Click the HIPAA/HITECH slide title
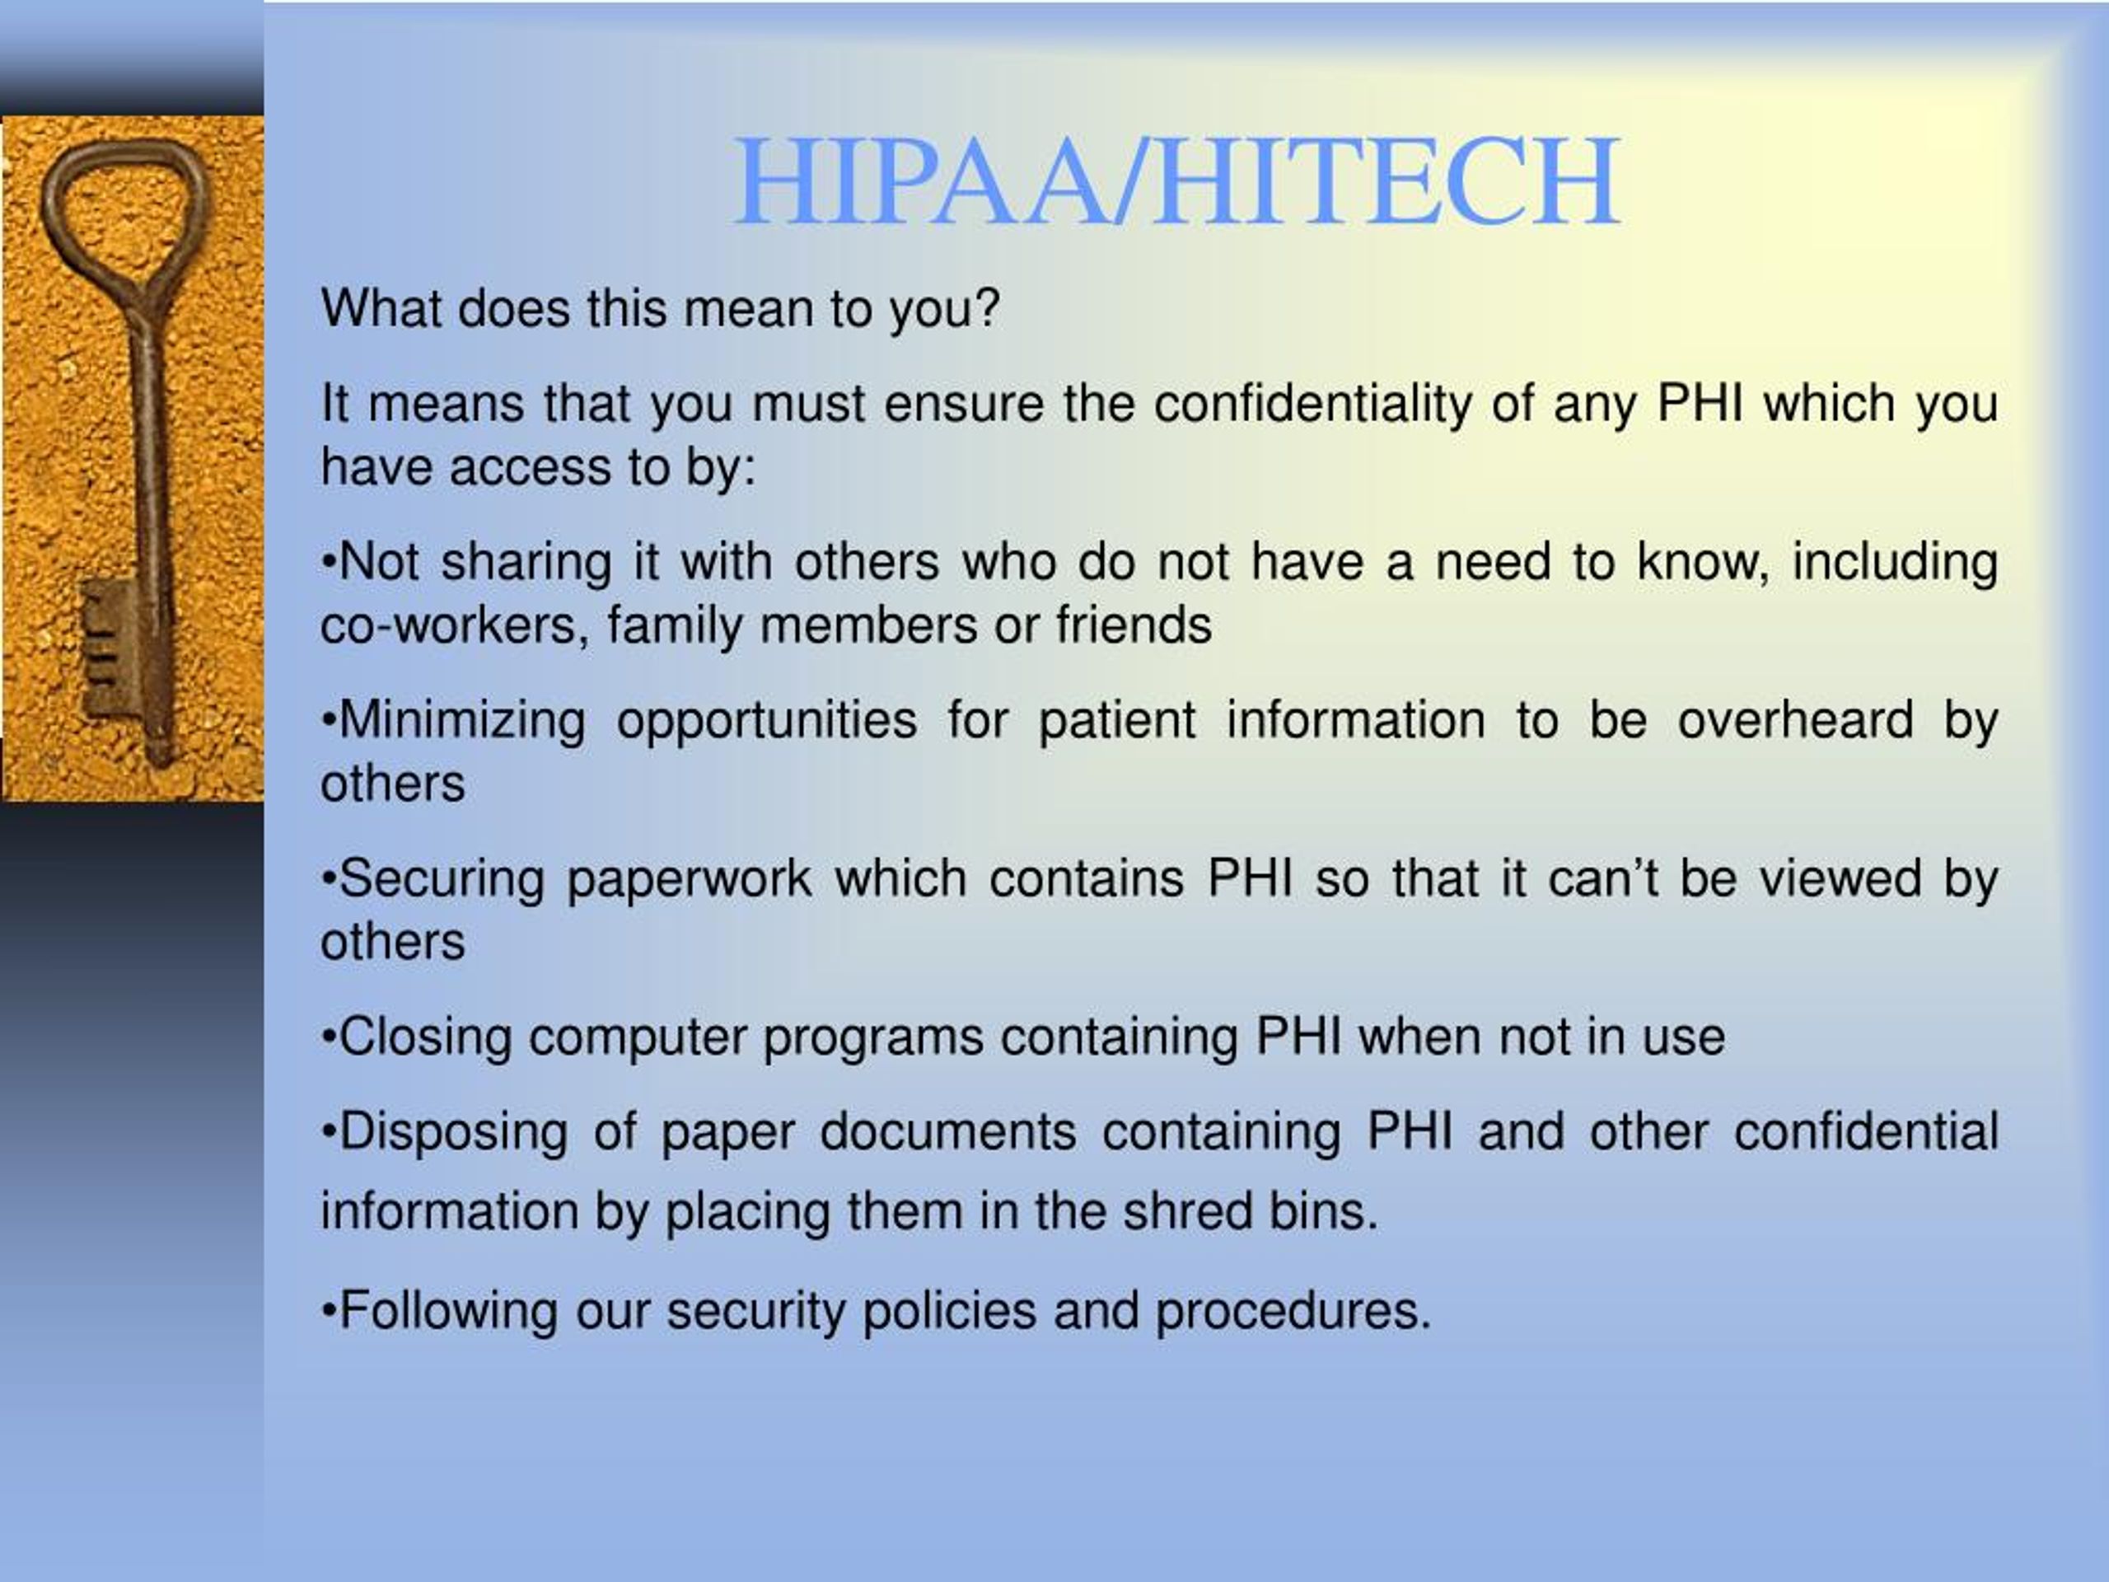[x=1176, y=181]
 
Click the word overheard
[x=1796, y=721]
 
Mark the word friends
[x=1134, y=626]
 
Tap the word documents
[x=947, y=1133]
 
